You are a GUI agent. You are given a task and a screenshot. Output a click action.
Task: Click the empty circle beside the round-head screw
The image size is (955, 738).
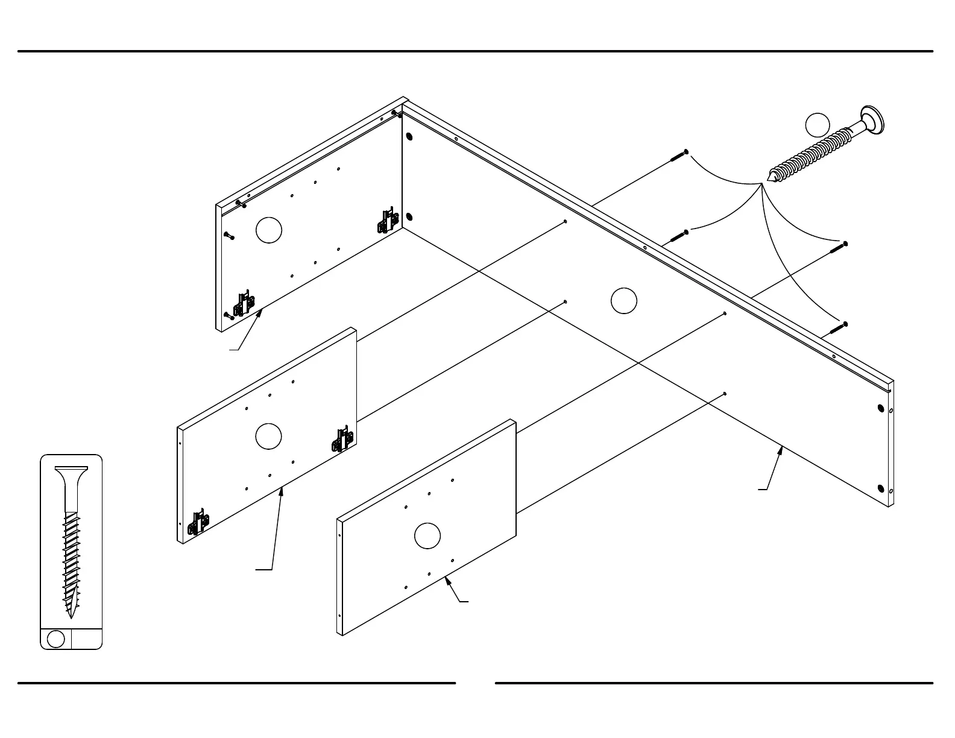pyautogui.click(x=818, y=125)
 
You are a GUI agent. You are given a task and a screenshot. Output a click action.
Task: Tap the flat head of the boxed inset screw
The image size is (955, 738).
pyautogui.click(x=71, y=468)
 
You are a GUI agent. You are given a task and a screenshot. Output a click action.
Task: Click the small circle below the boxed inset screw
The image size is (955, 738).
pyautogui.click(x=56, y=639)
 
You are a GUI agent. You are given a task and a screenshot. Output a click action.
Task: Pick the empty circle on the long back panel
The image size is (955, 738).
pyautogui.click(x=623, y=301)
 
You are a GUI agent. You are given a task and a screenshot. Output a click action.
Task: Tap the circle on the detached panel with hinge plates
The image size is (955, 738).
pyautogui.click(x=268, y=436)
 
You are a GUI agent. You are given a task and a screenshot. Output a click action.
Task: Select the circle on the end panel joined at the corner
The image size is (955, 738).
pyautogui.click(x=269, y=230)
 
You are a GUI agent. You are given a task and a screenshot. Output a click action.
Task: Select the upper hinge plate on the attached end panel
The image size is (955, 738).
pyautogui.click(x=388, y=221)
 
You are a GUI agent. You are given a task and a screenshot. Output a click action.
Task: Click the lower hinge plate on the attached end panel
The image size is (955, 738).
pyautogui.click(x=244, y=304)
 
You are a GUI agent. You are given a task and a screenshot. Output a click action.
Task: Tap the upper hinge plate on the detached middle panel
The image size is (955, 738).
pyautogui.click(x=342, y=441)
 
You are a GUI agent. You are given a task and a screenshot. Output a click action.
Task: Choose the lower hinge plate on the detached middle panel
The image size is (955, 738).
pyautogui.click(x=200, y=523)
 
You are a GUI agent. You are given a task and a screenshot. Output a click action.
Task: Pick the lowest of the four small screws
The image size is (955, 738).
pyautogui.click(x=838, y=328)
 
